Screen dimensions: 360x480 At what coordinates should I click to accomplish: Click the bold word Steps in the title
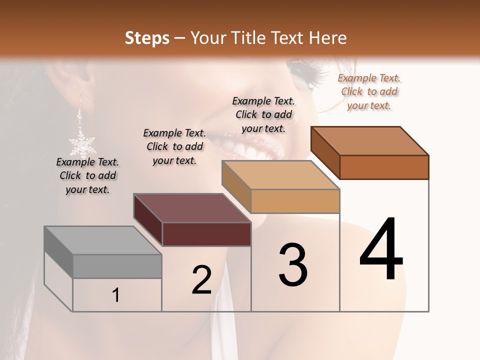point(147,38)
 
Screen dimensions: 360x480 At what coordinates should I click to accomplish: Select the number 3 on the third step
point(292,264)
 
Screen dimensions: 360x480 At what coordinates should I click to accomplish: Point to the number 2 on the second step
point(202,279)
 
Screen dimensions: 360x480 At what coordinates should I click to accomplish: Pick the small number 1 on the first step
point(116,295)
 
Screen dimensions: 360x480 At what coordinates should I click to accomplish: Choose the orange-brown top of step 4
point(370,141)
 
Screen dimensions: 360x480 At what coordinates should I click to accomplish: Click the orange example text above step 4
point(369,91)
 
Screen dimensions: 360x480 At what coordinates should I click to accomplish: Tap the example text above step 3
point(263,114)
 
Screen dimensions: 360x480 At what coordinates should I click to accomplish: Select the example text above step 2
point(174,146)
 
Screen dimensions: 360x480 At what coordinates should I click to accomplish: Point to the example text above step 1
point(87,175)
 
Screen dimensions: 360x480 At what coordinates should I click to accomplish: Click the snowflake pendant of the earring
point(82,145)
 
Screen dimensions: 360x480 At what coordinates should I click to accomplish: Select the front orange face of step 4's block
point(384,167)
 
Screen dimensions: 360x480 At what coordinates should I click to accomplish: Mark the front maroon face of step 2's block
point(206,234)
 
